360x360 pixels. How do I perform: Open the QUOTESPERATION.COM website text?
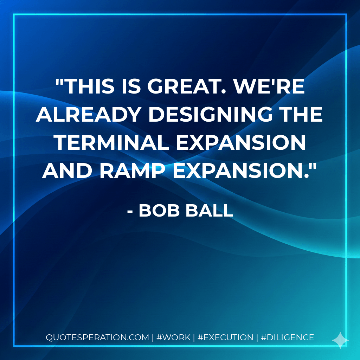tap(97, 337)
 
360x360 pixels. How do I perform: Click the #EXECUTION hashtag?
tap(225, 337)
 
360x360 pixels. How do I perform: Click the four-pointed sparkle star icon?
tap(340, 340)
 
